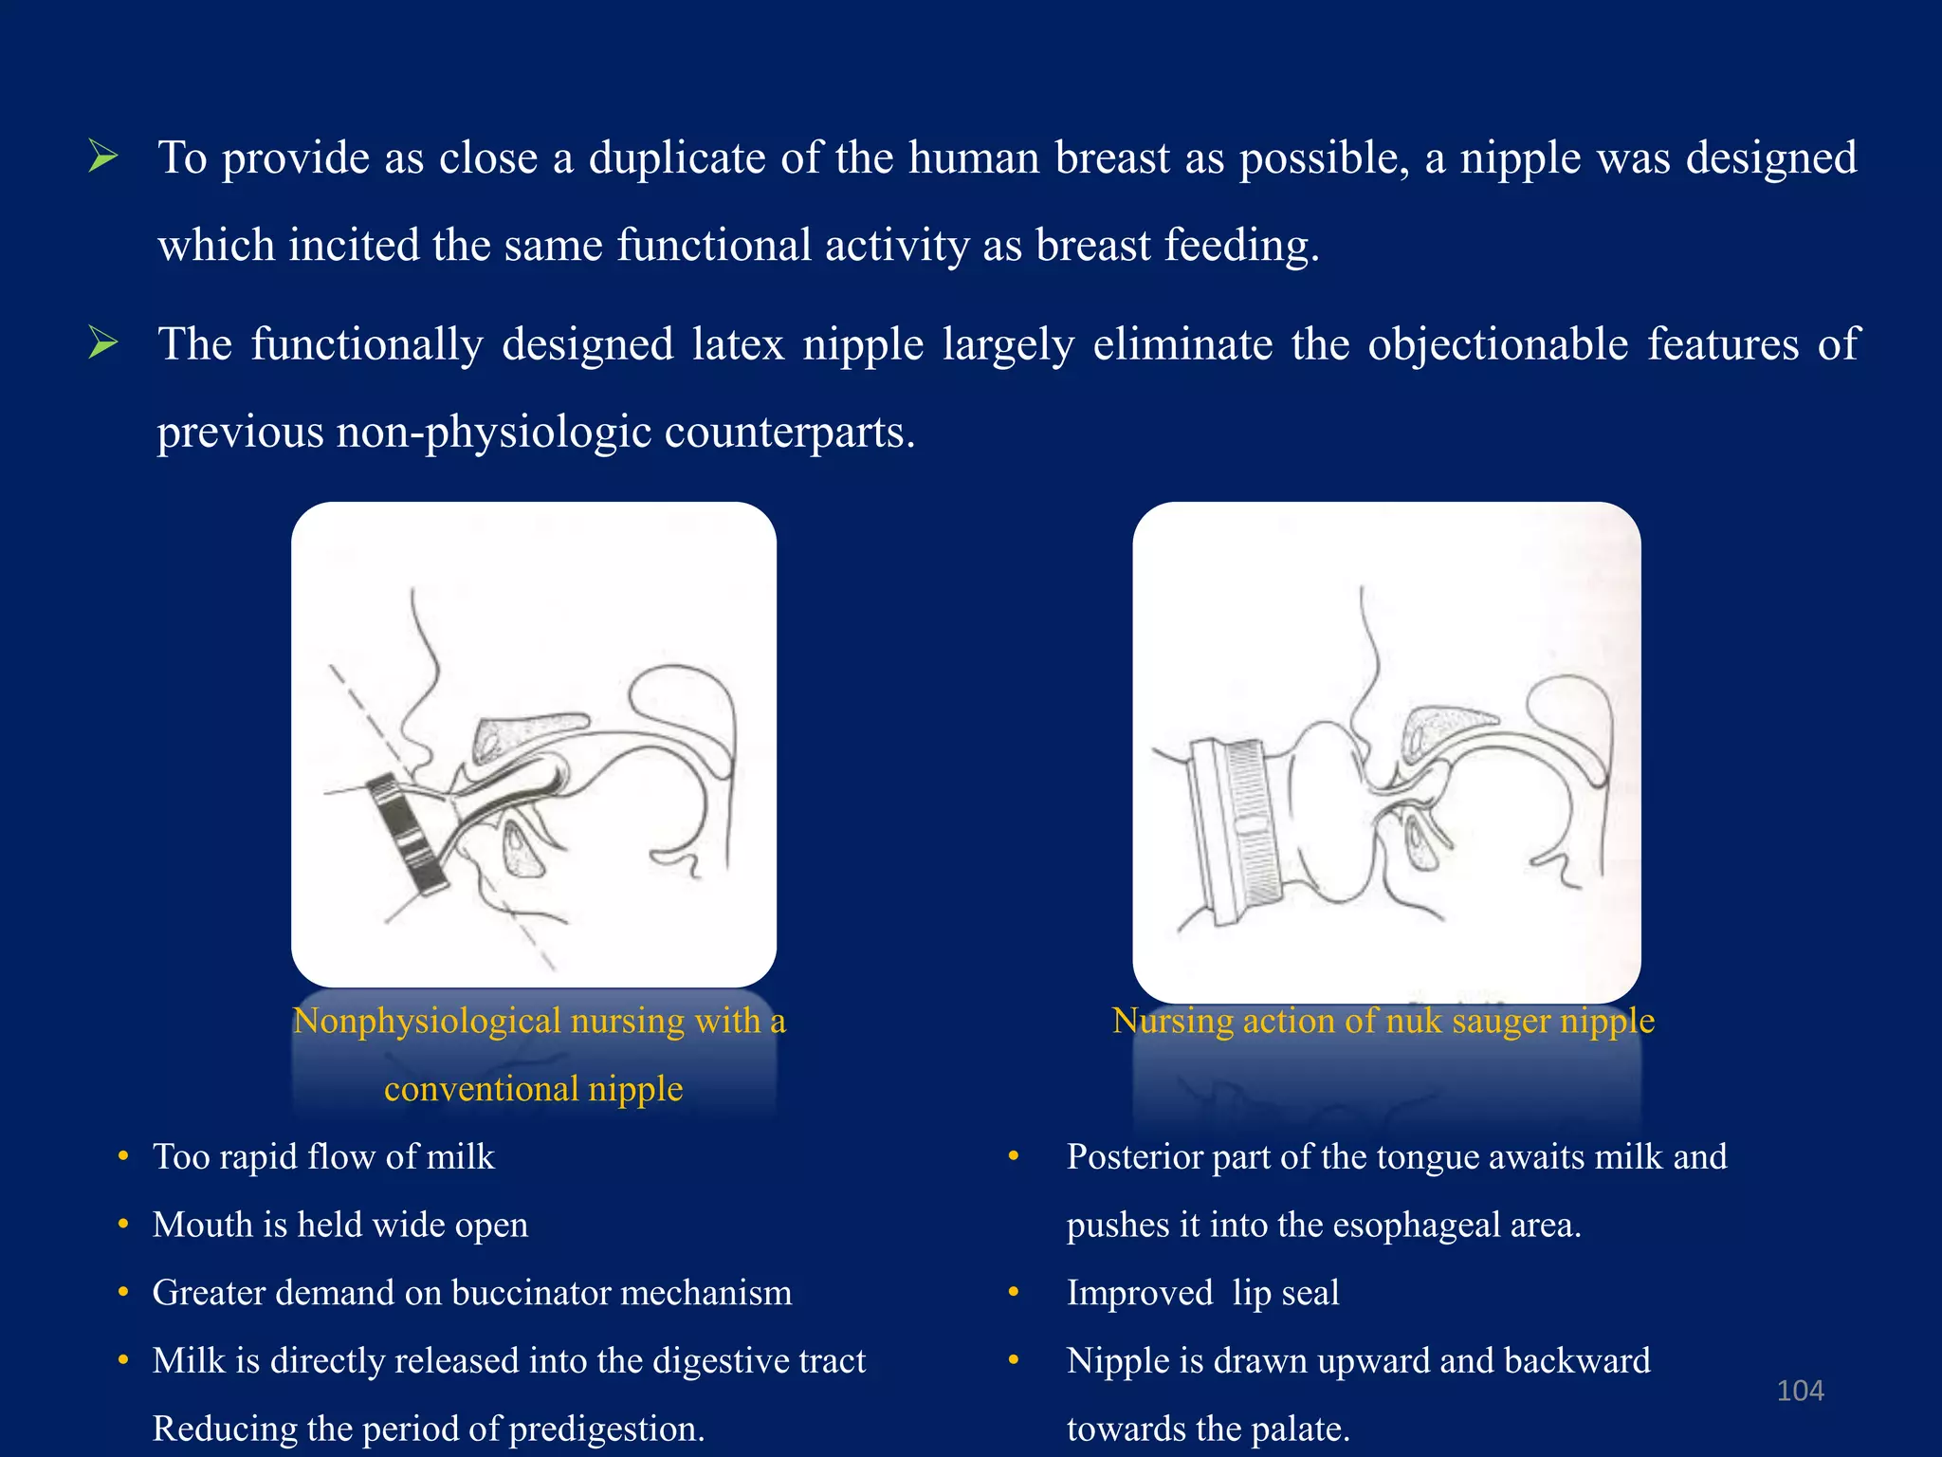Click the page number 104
pos(1799,1391)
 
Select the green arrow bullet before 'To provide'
pos(102,156)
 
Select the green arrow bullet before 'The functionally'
pos(102,342)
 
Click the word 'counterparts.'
pos(789,433)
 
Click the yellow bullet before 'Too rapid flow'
pos(123,1156)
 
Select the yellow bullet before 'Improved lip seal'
pos(1014,1293)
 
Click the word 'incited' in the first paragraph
pos(354,246)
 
